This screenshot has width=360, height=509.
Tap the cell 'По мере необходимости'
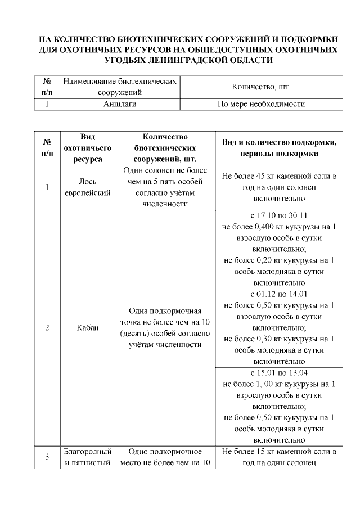[x=260, y=104]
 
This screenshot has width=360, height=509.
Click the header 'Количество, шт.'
[x=260, y=87]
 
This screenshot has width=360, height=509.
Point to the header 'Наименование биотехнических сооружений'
[x=120, y=87]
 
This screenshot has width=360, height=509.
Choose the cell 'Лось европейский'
[x=88, y=187]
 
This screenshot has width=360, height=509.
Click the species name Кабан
[x=88, y=328]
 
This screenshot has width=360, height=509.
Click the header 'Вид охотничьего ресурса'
[x=88, y=148]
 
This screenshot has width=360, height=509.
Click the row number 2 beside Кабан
[x=48, y=328]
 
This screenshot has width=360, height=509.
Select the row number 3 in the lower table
[x=48, y=457]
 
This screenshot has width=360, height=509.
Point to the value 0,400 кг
[x=263, y=227]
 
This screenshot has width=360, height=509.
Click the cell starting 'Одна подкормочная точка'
[x=165, y=328]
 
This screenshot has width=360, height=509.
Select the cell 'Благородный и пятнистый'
[x=88, y=457]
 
